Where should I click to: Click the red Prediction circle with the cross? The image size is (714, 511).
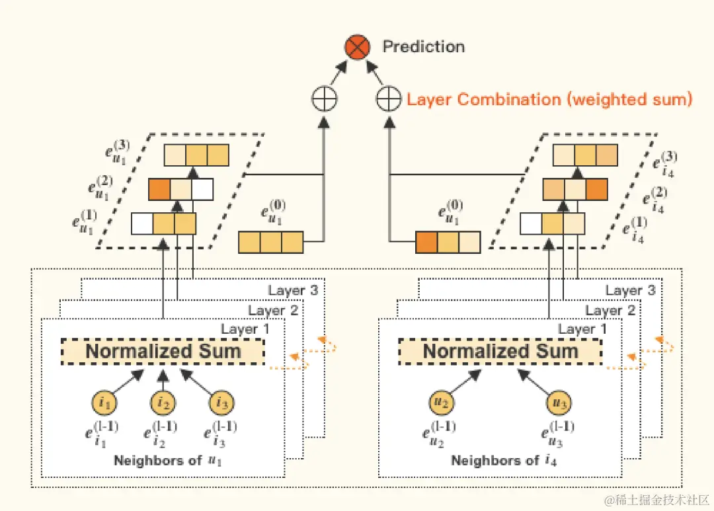pos(357,48)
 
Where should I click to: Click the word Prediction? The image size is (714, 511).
pos(424,47)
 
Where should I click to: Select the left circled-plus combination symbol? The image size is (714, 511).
pos(324,100)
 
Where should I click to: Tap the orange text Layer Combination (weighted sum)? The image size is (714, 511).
pos(549,100)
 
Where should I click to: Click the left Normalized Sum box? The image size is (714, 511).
pos(163,351)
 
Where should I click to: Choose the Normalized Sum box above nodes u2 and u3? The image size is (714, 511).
pos(500,351)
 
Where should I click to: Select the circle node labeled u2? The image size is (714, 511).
pos(444,402)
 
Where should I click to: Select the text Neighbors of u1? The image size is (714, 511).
pos(168,461)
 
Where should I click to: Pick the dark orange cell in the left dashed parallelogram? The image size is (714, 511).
pos(159,189)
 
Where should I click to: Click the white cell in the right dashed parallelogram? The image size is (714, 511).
pos(531,224)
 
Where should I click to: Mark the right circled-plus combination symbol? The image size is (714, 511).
pos(389,100)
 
